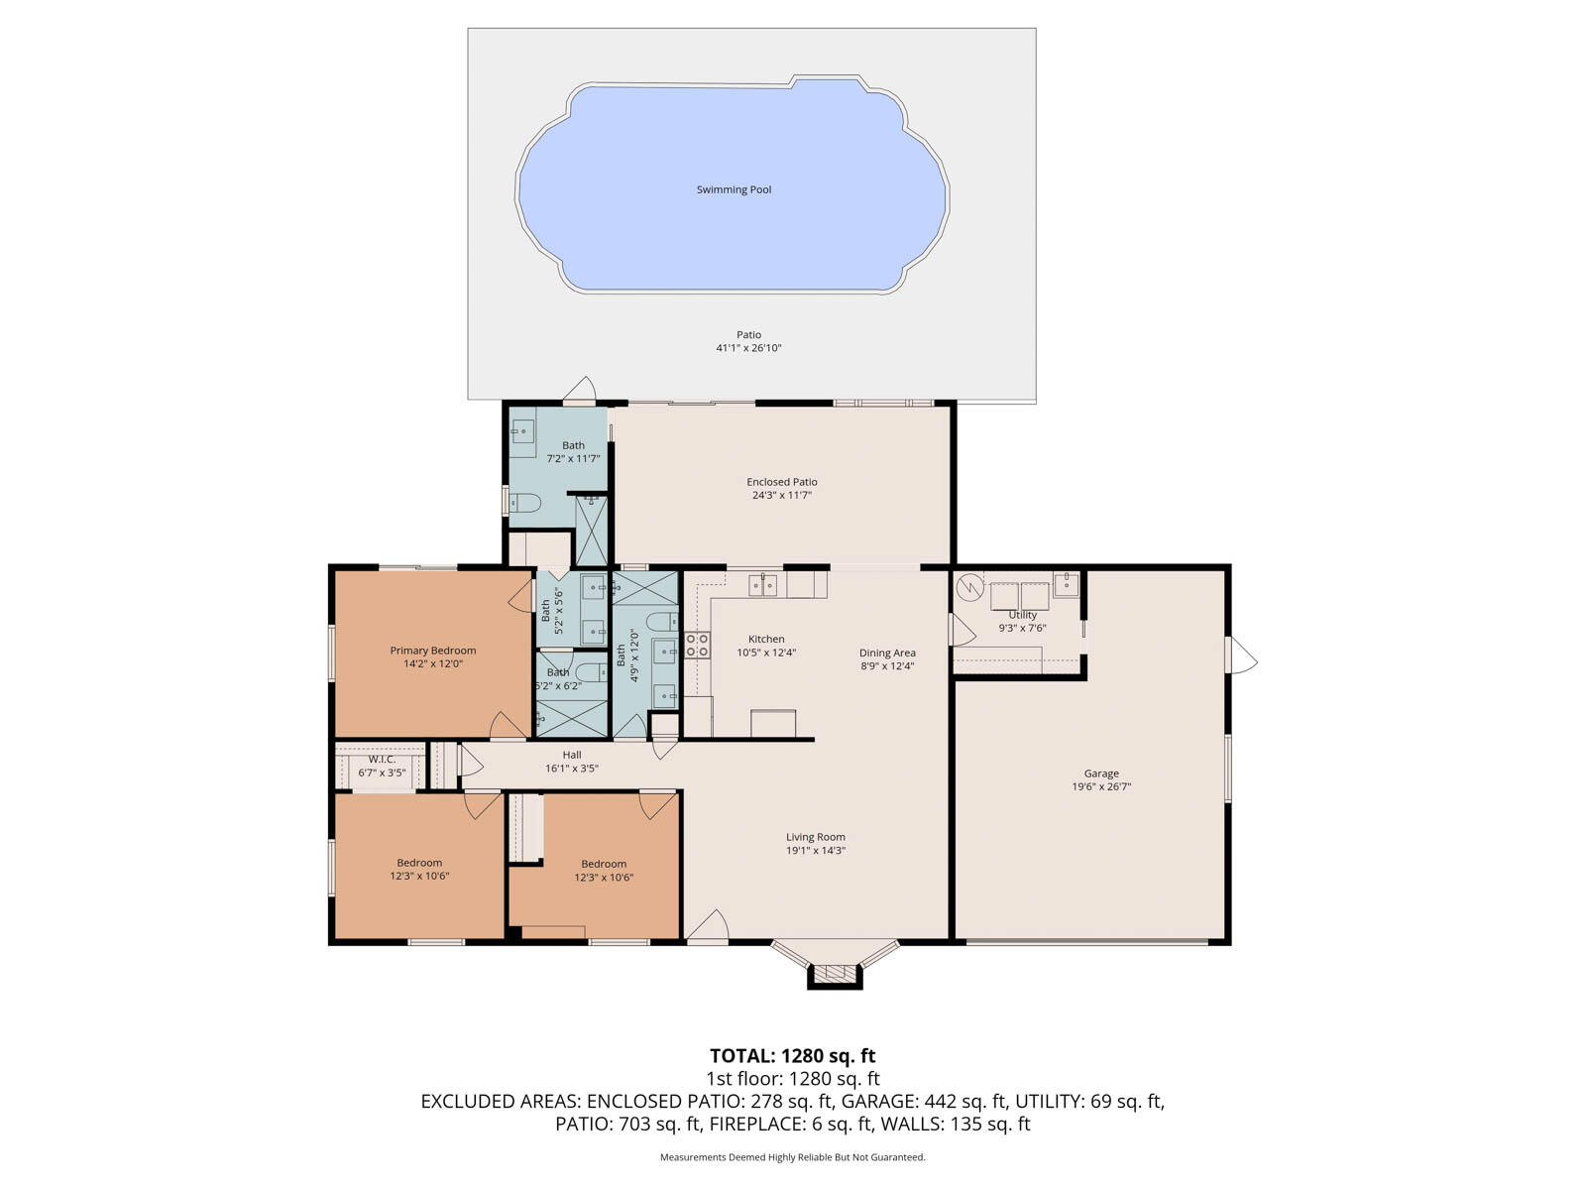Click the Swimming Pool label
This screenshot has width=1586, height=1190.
pos(734,189)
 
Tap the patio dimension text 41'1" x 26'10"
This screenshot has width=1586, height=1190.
pos(748,348)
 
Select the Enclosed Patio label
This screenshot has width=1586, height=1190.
pos(781,482)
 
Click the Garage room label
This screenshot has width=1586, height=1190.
pos(1100,773)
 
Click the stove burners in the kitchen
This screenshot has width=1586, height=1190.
pos(697,646)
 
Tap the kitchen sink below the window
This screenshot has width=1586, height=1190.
pos(762,585)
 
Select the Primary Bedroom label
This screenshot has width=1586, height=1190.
pos(432,651)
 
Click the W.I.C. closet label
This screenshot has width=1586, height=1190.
pos(382,759)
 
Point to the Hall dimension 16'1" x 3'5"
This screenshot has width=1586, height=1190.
pos(571,769)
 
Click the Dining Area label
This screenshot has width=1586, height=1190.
pos(886,653)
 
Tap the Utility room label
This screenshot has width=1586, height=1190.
pos(1022,615)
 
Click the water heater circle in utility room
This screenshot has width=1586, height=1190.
pos(968,588)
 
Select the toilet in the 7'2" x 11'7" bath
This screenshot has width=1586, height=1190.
pos(523,503)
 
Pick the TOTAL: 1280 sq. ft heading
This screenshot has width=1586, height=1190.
pos(792,1056)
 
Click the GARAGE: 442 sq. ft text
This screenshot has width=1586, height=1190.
pos(964,1101)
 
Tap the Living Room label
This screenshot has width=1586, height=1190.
pos(815,837)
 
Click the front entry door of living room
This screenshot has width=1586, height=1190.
pos(707,929)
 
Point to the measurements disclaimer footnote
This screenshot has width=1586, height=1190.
pos(792,1157)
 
